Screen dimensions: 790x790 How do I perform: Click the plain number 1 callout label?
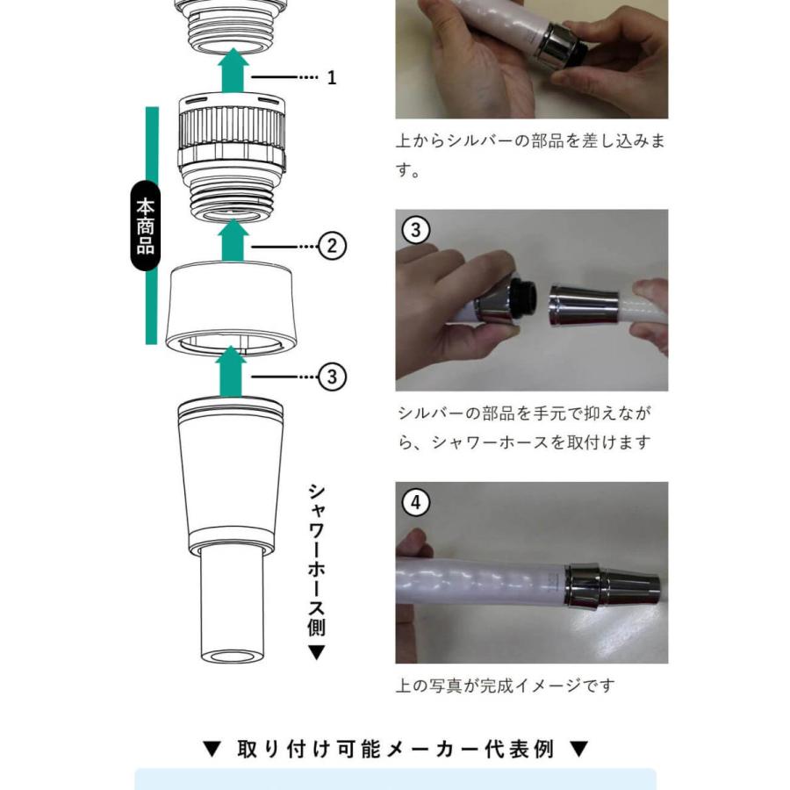pos(332,77)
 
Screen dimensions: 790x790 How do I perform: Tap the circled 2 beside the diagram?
pos(332,247)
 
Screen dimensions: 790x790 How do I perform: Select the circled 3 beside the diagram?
pos(332,377)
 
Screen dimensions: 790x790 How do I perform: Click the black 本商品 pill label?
pos(145,226)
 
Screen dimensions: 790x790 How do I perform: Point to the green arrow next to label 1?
pos(233,70)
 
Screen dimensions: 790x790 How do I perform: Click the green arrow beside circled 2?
pos(233,241)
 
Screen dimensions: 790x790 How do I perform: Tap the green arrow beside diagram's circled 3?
pos(231,372)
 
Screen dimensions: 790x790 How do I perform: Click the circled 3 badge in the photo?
pos(416,230)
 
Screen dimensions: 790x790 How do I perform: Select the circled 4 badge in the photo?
pos(416,502)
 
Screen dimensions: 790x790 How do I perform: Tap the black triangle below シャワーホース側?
pos(316,653)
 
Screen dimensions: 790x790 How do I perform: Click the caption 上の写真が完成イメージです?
pos(506,686)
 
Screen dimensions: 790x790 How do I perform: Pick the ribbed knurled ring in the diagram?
pos(232,130)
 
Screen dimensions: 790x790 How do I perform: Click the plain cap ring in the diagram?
pos(230,306)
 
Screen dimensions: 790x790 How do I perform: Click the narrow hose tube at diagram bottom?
pos(232,606)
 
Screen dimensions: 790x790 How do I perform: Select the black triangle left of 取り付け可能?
pos(212,750)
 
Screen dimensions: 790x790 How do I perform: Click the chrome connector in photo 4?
pos(612,585)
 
